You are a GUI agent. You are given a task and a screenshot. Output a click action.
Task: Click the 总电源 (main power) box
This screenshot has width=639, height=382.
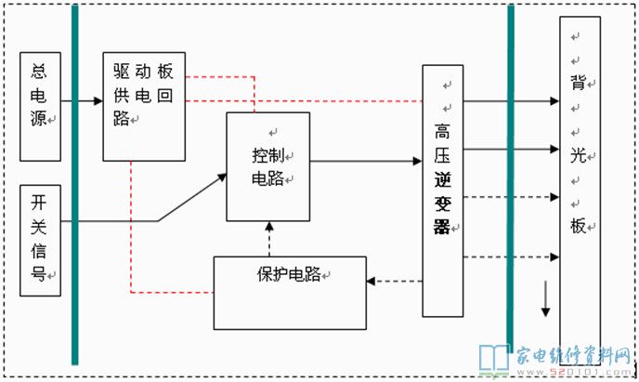[x=40, y=106]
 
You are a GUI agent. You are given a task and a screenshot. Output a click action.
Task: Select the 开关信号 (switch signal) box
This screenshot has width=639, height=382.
[x=40, y=240]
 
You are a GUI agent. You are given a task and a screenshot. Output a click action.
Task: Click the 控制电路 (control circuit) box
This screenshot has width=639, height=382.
[x=267, y=166]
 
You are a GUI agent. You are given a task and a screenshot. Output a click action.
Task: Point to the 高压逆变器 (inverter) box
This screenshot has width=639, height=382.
[x=442, y=191]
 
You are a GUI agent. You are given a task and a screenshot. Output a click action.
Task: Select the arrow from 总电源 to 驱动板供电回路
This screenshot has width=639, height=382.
[x=82, y=99]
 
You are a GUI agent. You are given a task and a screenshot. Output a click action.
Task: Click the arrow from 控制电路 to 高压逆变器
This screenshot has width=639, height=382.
[x=366, y=161]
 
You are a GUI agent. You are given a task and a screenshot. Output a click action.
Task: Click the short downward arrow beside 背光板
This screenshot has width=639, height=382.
[x=546, y=300]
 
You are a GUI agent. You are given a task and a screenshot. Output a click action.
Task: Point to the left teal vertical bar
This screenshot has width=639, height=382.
[x=74, y=186]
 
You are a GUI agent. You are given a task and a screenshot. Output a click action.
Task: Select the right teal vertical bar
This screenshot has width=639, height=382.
[x=510, y=177]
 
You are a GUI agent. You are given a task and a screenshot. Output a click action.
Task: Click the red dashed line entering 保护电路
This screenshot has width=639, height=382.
[x=172, y=292]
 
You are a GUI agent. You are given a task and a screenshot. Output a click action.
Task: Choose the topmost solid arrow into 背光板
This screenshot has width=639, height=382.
[x=511, y=100]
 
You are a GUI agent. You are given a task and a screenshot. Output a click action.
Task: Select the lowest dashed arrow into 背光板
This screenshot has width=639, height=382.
[x=511, y=257]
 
